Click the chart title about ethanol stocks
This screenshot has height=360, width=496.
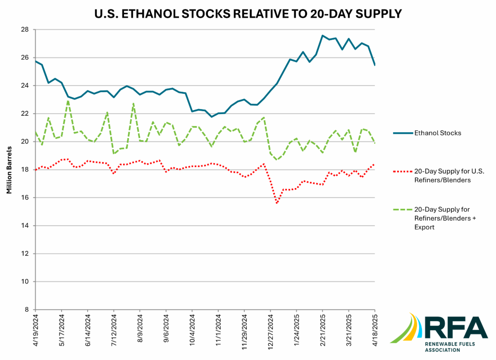click(x=248, y=14)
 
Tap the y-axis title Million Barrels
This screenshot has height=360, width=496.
click(x=9, y=169)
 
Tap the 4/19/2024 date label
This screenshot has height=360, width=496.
click(x=36, y=331)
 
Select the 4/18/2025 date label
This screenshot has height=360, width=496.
click(x=375, y=331)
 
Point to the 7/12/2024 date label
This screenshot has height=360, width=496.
click(x=114, y=331)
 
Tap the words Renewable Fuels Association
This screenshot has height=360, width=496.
click(x=443, y=346)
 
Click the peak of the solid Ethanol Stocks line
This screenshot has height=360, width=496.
click(x=322, y=36)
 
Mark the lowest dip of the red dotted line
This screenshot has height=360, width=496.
click(x=277, y=203)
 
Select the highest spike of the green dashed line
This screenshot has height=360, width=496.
click(x=68, y=101)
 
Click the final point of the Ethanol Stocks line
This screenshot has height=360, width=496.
click(x=374, y=65)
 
